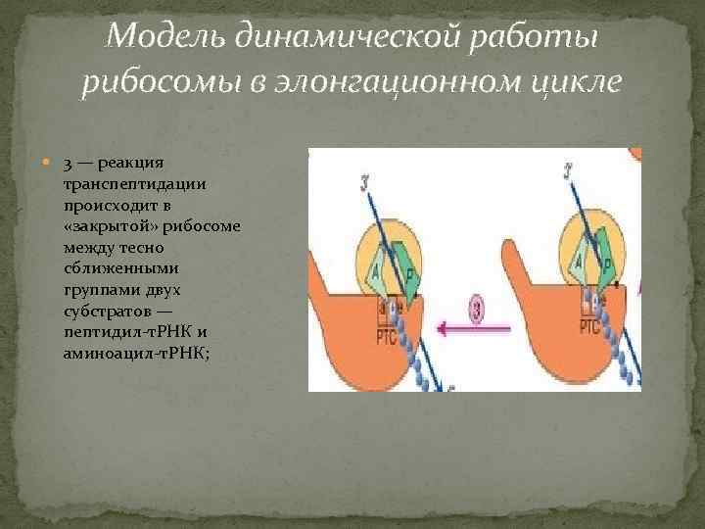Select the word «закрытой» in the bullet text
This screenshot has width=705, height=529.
point(103,226)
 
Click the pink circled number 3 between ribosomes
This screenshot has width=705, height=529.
point(475,313)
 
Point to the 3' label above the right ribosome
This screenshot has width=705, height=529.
point(570,173)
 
